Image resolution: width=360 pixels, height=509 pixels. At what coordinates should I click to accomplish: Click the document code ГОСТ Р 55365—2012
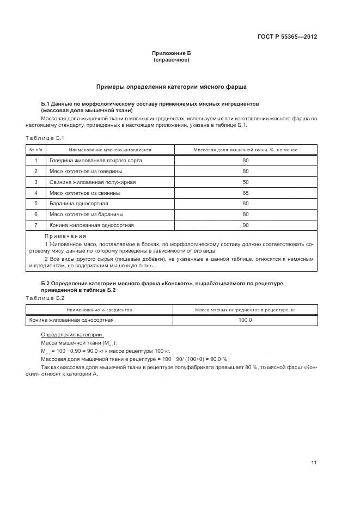287,37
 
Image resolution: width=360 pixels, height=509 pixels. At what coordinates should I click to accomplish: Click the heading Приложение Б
172,53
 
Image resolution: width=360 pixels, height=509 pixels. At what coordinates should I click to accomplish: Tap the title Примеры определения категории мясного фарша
172,87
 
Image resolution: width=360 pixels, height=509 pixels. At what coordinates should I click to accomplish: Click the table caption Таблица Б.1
45,138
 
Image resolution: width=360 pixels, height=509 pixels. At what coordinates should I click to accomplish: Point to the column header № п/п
36,150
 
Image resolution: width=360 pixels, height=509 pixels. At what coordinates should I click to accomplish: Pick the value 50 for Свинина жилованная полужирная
245,182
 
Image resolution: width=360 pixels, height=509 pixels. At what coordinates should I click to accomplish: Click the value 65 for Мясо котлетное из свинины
245,193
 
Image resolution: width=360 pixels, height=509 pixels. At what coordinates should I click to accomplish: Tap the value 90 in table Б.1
245,225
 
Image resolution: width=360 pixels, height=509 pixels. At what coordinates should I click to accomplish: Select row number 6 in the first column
36,214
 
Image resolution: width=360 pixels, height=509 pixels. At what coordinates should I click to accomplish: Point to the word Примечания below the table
66,236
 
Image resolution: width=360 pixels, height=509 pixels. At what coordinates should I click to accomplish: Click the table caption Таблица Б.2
45,298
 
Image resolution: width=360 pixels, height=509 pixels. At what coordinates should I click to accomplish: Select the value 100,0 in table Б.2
245,320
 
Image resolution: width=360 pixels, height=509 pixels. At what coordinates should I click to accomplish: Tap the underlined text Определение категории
72,335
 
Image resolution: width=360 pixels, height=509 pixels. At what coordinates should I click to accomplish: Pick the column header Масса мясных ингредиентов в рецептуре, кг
245,310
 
